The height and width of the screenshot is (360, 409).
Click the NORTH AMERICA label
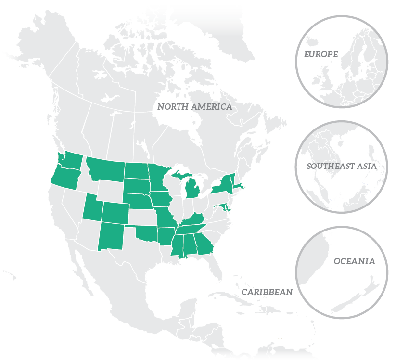click(x=194, y=107)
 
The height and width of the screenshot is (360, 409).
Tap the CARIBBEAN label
click(x=267, y=292)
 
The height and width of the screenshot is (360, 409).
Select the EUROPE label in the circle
click(x=321, y=54)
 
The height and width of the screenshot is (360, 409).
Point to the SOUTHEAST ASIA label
click(x=341, y=167)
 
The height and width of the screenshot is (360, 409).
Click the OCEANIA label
click(x=354, y=261)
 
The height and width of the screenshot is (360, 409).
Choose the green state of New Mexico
click(x=112, y=236)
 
